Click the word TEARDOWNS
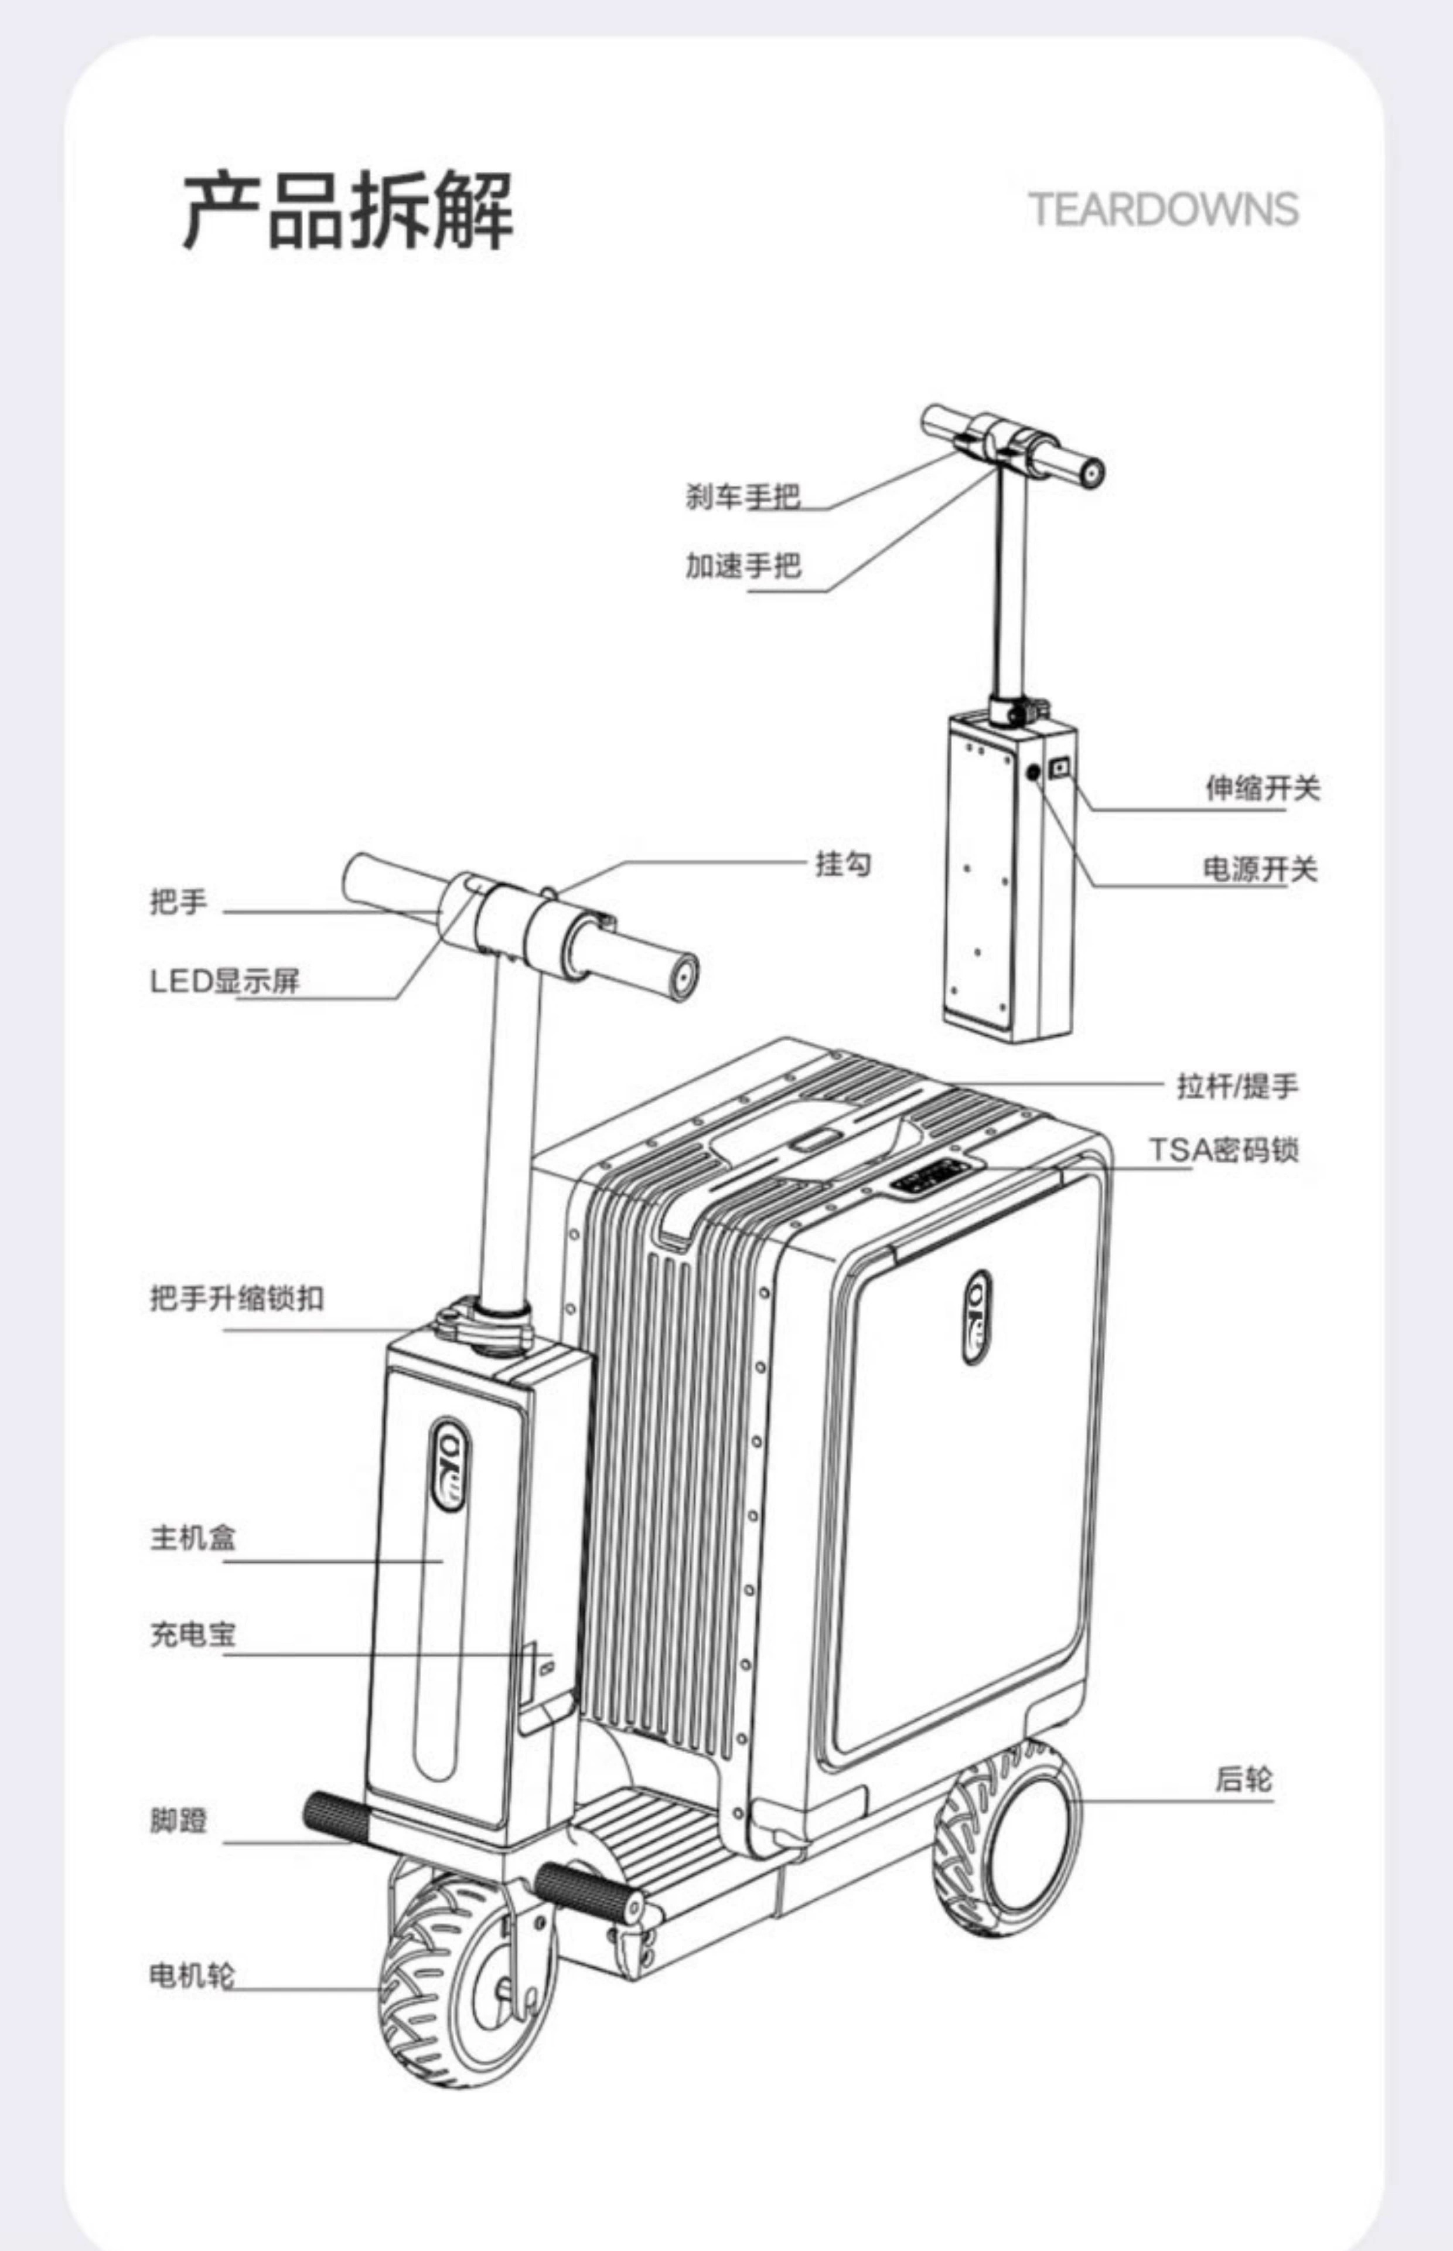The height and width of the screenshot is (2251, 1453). [x=1162, y=209]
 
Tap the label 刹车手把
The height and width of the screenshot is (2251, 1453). [x=742, y=497]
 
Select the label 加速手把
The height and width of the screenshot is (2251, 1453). [x=742, y=565]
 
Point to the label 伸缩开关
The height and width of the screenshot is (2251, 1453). [x=1261, y=787]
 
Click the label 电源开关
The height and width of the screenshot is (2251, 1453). [x=1260, y=868]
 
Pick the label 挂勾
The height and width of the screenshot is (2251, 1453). [x=843, y=863]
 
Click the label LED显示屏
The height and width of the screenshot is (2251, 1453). [x=224, y=981]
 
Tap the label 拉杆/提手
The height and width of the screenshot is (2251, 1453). [x=1237, y=1086]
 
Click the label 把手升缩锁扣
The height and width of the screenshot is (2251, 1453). [x=236, y=1298]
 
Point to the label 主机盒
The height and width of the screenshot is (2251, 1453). [x=193, y=1538]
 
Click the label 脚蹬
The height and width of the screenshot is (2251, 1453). [x=178, y=1820]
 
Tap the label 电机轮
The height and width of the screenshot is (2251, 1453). [x=192, y=1974]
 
